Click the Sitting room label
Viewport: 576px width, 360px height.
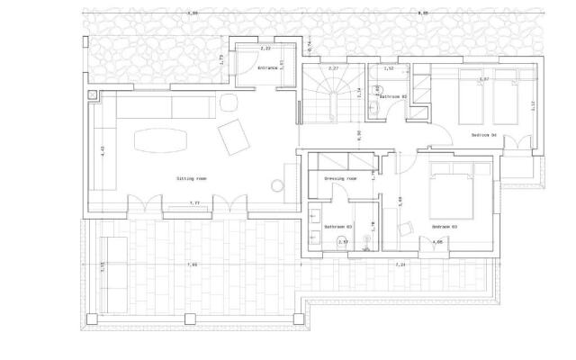click(192, 178)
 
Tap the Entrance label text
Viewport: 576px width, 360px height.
click(267, 68)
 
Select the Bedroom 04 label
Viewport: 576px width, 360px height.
click(483, 135)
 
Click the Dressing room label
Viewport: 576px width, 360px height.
click(340, 178)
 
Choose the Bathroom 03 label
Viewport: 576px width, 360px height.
click(337, 226)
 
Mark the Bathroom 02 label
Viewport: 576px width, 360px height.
click(392, 95)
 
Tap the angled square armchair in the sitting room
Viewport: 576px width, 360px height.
click(235, 137)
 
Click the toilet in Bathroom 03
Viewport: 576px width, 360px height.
click(360, 239)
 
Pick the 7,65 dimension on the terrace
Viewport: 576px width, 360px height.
click(192, 264)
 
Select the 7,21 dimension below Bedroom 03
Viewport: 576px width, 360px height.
click(400, 264)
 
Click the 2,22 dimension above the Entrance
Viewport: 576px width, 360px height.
click(265, 48)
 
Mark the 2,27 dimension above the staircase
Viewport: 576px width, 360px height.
click(333, 68)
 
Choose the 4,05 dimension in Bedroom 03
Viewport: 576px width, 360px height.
click(438, 242)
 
